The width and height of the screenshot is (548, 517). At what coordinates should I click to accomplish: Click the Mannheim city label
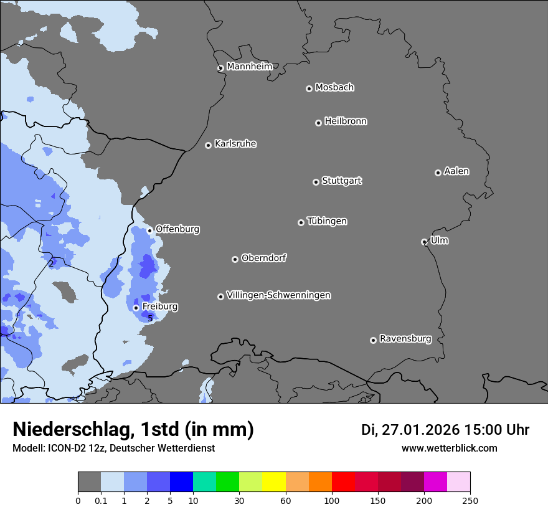(x=249, y=67)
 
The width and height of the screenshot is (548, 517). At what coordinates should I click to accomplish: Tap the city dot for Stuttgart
(x=316, y=182)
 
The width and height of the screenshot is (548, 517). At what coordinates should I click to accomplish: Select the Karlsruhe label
(x=235, y=144)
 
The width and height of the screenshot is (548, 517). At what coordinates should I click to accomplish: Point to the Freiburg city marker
(x=136, y=308)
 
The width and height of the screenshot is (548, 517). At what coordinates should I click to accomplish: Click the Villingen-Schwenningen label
(x=278, y=295)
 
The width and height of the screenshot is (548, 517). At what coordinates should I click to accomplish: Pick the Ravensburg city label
(x=405, y=339)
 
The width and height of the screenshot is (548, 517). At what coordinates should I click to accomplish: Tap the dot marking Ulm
(x=424, y=242)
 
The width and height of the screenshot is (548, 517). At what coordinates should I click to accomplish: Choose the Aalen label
(x=456, y=171)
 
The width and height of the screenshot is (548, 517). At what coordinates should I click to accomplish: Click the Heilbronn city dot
(x=318, y=123)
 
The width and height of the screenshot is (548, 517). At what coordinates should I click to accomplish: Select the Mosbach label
(x=334, y=88)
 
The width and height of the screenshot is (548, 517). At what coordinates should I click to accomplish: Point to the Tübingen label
(x=327, y=221)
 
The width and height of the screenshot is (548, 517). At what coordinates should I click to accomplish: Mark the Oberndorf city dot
(x=235, y=259)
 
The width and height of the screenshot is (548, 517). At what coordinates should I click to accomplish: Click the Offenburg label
(x=177, y=229)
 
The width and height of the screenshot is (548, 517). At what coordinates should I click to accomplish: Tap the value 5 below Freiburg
(x=150, y=318)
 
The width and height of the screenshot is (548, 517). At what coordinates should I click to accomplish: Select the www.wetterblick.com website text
(x=449, y=448)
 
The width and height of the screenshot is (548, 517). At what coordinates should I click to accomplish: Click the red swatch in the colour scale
(x=343, y=482)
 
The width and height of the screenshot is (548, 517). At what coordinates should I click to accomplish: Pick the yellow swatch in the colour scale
(x=274, y=482)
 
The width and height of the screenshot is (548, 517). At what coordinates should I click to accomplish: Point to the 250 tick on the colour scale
(x=470, y=500)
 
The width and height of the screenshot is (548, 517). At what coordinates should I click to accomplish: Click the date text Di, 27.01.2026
(x=410, y=430)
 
